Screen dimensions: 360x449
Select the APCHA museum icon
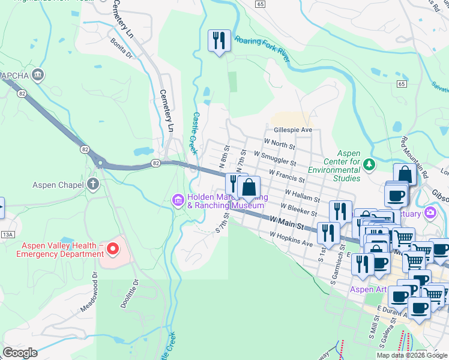[x=38, y=75]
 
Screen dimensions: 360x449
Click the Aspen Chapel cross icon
[x=93, y=184]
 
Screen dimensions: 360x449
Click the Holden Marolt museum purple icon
[x=178, y=200]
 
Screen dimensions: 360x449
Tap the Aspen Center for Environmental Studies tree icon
[x=369, y=164]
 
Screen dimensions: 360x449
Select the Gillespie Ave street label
[x=293, y=130]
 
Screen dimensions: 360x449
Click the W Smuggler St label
[x=275, y=158]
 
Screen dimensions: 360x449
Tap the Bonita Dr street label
[x=121, y=47]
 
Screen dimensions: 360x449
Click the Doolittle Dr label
[x=129, y=293]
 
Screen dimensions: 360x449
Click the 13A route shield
[x=7, y=233]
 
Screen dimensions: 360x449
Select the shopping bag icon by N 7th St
[x=249, y=187]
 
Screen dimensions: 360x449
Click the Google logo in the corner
[x=20, y=353]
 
